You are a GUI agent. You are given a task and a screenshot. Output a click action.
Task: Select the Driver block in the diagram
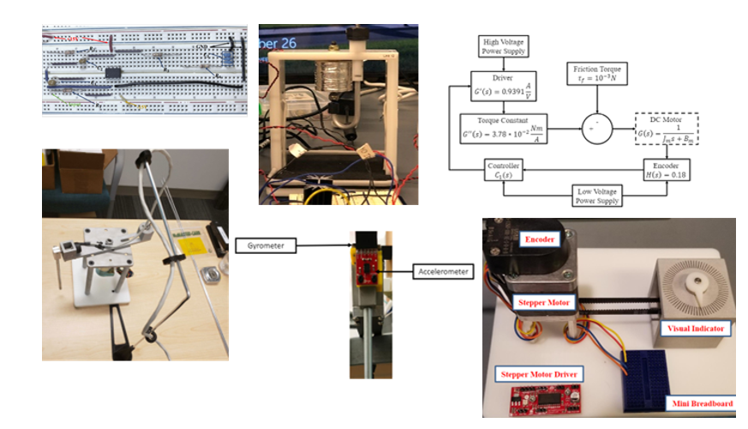[x=505, y=88]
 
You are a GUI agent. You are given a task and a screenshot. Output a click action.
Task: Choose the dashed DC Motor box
[x=668, y=130]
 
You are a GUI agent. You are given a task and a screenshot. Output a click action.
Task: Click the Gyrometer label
[x=267, y=246]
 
